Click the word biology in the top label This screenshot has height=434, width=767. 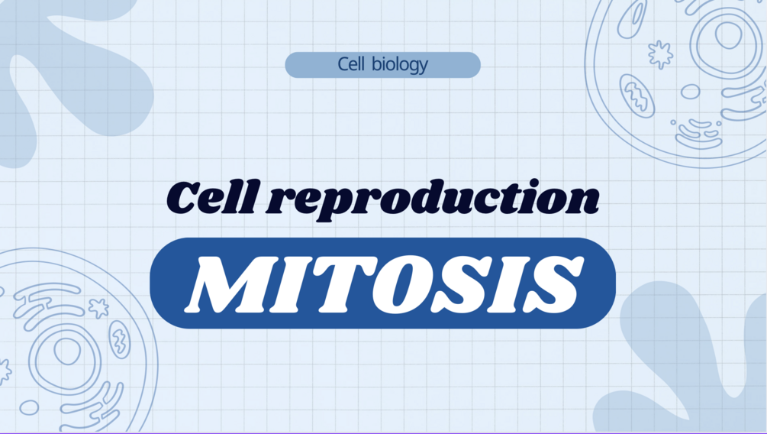401,65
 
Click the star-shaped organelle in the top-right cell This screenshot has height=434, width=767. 660,54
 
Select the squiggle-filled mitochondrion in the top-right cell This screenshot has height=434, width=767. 637,96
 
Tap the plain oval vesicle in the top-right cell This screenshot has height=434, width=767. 690,92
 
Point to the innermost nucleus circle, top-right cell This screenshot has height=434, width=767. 728,35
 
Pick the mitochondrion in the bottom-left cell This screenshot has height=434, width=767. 119,338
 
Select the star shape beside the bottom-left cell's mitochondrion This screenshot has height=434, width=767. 98,308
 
